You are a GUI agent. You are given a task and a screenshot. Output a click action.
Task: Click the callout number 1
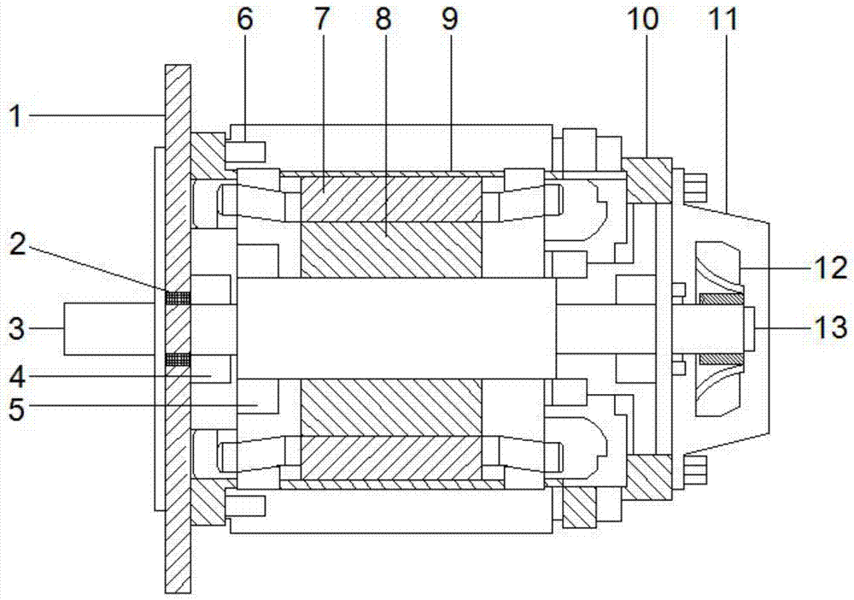tap(17, 116)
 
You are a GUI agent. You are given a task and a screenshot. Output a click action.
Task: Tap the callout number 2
tap(18, 244)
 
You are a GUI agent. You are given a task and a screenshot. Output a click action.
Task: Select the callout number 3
tap(17, 328)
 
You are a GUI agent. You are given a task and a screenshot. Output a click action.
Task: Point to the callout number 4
tap(17, 377)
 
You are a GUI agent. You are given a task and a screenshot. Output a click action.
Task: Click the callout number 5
tap(17, 409)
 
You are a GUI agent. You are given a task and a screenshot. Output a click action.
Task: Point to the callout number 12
tap(831, 268)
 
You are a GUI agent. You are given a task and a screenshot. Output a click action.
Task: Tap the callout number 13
tap(831, 327)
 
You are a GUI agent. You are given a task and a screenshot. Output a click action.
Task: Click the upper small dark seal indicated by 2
tap(178, 297)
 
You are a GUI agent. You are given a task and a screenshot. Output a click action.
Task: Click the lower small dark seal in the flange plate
tap(178, 359)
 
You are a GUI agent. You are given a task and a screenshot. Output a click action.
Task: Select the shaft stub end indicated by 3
tap(109, 328)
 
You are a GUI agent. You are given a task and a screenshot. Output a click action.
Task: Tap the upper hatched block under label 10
tap(647, 179)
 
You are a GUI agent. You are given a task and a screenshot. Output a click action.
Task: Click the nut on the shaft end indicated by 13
tap(748, 328)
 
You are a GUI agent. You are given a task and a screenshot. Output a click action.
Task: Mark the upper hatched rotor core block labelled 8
tap(391, 250)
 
